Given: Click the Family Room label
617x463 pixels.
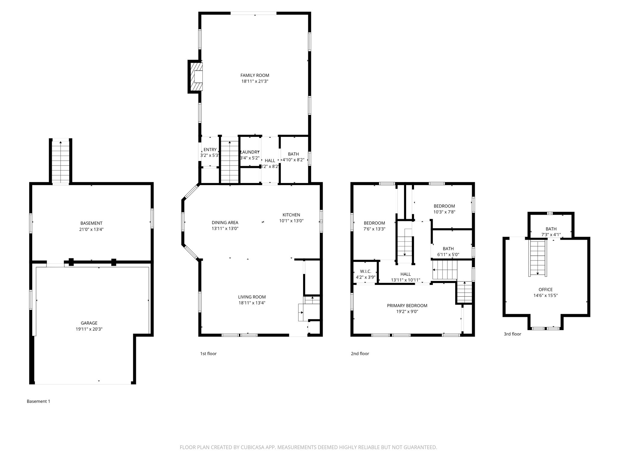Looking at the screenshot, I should pos(255,75).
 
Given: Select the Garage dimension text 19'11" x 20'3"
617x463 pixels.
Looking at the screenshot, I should pos(89,329).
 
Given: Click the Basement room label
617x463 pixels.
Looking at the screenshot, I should pos(91,223).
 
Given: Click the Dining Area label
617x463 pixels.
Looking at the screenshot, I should pos(225,223).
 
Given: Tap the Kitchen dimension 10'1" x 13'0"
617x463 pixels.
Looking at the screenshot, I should pos(291,221).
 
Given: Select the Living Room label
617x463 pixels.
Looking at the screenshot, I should pos(252,297).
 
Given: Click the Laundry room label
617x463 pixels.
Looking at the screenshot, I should pos(250,152).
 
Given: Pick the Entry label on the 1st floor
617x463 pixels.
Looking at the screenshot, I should pos(210,150).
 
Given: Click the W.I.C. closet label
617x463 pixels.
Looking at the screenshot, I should pos(365,272).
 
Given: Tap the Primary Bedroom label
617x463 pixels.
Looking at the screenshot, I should pos(407,306).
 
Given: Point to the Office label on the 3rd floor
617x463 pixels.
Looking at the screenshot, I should pos(546,290).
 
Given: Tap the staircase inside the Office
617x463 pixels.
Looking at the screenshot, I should pos(538,258).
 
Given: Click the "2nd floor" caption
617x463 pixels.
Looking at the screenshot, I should pos(360,354).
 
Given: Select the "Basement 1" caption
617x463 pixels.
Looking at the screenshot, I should pos(38,401).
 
